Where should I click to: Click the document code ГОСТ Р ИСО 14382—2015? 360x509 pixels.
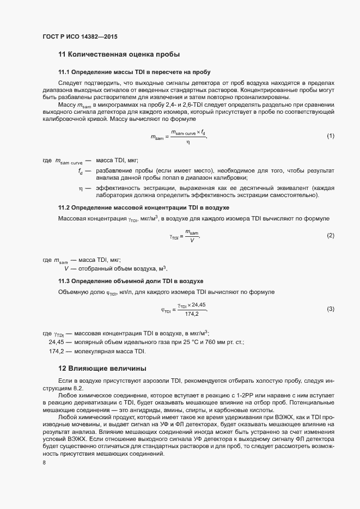pyautogui.click(x=80, y=37)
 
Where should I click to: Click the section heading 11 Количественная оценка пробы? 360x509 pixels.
pyautogui.click(x=119, y=54)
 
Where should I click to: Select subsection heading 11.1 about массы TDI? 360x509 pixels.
pyautogui.click(x=134, y=72)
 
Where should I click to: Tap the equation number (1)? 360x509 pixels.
pyautogui.click(x=330, y=136)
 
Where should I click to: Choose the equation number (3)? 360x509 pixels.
pyautogui.click(x=330, y=309)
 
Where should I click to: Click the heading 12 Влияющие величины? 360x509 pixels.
pyautogui.click(x=102, y=368)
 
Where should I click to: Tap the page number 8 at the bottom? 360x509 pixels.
pyautogui.click(x=44, y=463)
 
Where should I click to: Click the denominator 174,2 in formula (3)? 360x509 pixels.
pyautogui.click(x=192, y=314)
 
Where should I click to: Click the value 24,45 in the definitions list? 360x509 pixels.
pyautogui.click(x=57, y=342)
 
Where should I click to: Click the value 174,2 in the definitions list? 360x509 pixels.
pyautogui.click(x=58, y=351)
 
